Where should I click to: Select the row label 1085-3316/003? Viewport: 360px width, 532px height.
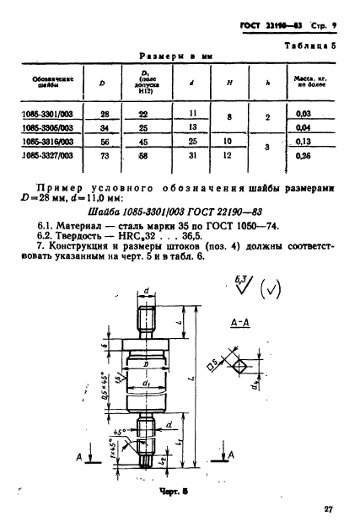coord(48,141)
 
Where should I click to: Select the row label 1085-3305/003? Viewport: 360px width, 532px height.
coord(48,126)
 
